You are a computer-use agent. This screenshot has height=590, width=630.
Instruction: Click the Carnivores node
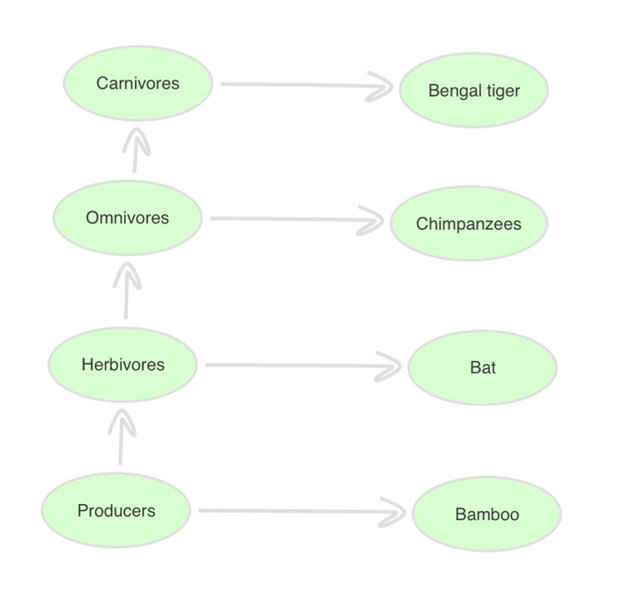tap(138, 84)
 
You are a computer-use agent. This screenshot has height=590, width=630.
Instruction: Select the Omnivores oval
tap(127, 218)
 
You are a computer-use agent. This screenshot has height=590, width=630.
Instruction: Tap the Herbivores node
tap(123, 365)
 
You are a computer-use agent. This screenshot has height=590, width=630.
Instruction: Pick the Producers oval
tap(117, 511)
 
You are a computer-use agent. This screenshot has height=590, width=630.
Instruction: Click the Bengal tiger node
tap(474, 91)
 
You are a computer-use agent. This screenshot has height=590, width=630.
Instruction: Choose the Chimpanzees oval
tap(469, 225)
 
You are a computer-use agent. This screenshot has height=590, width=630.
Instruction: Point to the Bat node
tap(483, 367)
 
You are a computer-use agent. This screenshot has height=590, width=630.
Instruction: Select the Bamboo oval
tap(487, 514)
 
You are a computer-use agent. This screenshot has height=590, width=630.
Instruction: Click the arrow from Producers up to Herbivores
tap(122, 437)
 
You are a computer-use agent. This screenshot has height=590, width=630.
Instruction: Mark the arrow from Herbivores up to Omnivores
tap(126, 292)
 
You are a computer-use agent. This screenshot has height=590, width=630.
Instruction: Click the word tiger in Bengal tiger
tap(503, 91)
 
